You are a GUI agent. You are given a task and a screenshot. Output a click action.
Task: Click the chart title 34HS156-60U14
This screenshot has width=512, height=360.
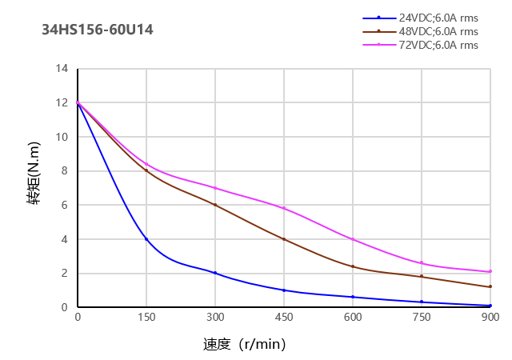[x=97, y=30]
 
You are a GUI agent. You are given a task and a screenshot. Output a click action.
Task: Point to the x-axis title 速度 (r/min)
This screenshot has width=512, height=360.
[x=244, y=345]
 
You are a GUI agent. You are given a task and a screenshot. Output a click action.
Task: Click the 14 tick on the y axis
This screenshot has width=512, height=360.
[x=62, y=69]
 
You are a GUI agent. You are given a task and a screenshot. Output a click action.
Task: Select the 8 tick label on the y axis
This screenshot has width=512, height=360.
[x=65, y=171]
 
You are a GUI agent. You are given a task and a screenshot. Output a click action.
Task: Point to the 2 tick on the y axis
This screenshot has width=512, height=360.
[x=65, y=274]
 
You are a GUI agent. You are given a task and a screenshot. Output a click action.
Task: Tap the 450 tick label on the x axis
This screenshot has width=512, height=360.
[x=284, y=318]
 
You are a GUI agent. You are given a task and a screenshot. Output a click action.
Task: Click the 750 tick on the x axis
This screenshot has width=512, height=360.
[x=422, y=318]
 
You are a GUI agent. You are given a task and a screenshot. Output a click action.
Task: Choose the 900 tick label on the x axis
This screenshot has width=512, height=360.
[x=490, y=318]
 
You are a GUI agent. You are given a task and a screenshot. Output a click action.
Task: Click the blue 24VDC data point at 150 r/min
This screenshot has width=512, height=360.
[x=146, y=239]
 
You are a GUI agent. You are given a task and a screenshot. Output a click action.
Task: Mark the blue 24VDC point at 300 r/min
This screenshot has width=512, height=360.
[x=215, y=273]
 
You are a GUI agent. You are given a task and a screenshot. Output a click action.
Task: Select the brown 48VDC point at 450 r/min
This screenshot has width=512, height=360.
[x=284, y=239]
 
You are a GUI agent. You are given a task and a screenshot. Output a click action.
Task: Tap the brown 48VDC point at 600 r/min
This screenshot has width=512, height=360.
[x=353, y=266]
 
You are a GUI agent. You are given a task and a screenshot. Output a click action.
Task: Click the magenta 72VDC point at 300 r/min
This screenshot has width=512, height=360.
[x=215, y=188]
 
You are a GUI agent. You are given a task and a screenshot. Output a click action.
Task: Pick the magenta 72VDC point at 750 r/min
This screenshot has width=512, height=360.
[x=422, y=263]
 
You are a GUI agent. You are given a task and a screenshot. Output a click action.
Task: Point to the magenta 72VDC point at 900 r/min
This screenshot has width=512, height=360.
[x=490, y=271]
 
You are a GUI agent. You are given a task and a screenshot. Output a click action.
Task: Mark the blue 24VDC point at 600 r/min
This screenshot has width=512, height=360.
[x=353, y=297]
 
